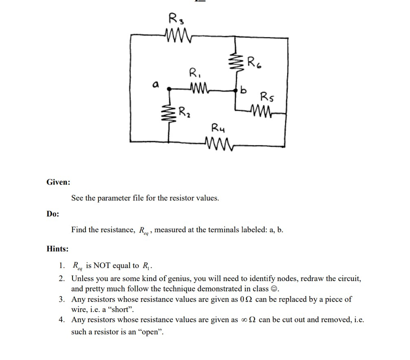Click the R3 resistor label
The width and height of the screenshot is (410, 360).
tap(175, 19)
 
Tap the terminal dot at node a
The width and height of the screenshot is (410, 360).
tap(169, 89)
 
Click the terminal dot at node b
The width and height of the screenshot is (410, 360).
tap(236, 89)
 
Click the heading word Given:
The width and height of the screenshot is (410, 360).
tap(58, 182)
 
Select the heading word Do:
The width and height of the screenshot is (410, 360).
tap(53, 214)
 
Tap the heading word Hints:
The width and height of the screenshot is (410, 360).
tap(58, 249)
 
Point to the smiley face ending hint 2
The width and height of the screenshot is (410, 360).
tap(274, 289)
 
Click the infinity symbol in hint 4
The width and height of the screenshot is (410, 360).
tap(244, 320)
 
